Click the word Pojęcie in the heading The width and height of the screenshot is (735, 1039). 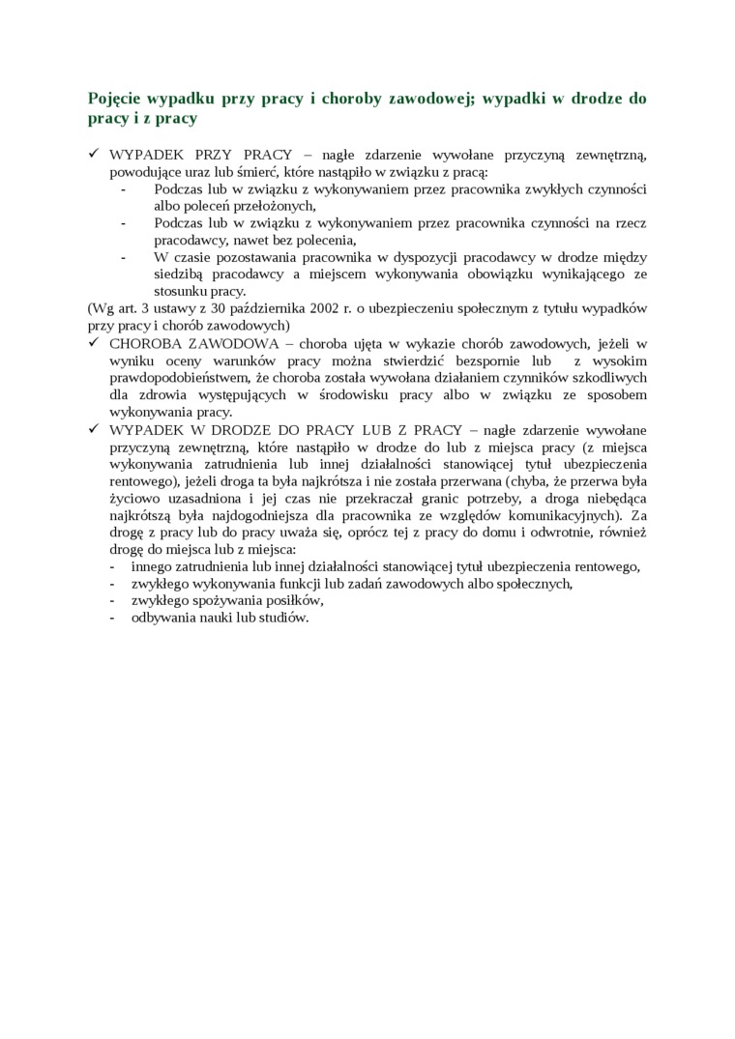pyautogui.click(x=115, y=99)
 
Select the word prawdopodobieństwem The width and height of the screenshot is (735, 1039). pyautogui.click(x=173, y=378)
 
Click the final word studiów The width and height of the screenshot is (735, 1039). pyautogui.click(x=279, y=618)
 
